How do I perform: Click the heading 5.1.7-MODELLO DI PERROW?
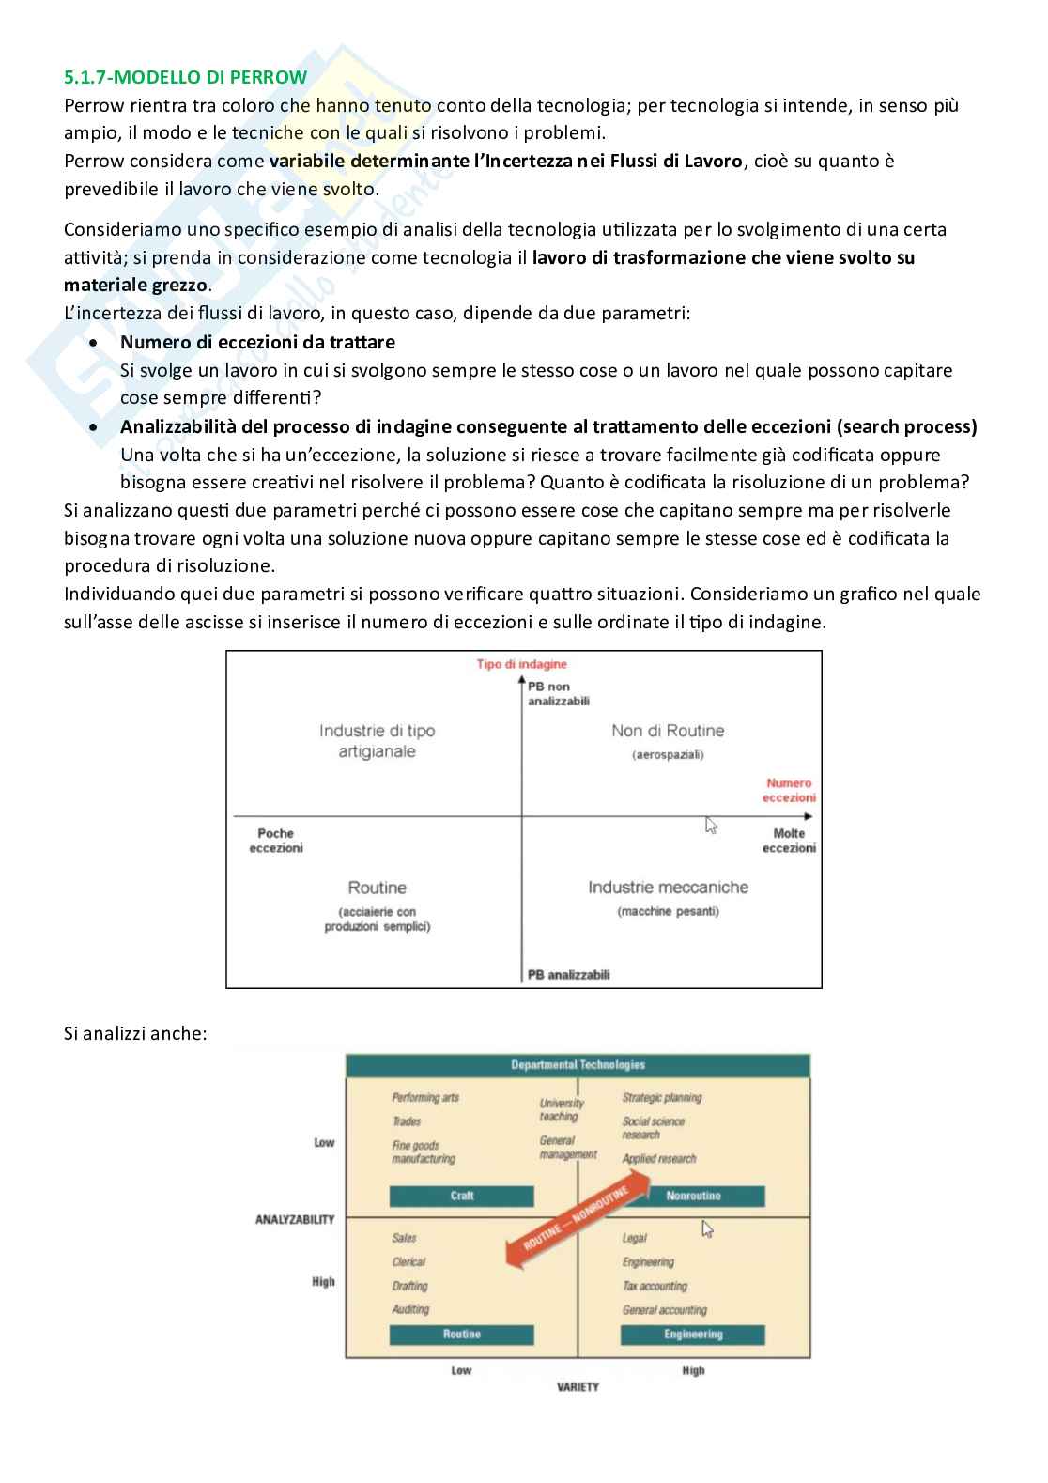coord(185,77)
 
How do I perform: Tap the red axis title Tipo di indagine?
coord(521,664)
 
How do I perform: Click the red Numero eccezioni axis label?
coord(790,790)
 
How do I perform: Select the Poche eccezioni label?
coord(276,841)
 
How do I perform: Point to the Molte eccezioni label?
coord(789,841)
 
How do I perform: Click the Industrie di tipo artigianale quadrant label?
coord(377,741)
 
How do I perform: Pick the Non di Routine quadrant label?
coord(668,731)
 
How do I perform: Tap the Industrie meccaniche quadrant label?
coord(668,888)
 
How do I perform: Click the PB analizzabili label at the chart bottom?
coord(568,975)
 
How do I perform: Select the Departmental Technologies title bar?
coord(578,1065)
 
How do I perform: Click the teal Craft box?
coord(461,1196)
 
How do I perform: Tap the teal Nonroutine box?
coord(693,1196)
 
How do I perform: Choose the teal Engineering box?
coord(693,1335)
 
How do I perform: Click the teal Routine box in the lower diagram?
coord(461,1335)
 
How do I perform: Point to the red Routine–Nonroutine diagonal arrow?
coord(577,1220)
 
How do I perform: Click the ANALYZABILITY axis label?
coord(295,1219)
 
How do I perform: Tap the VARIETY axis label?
coord(578,1387)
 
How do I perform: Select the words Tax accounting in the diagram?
coord(655,1286)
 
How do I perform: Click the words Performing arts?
coord(425,1097)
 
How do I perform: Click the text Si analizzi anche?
coord(135,1033)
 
